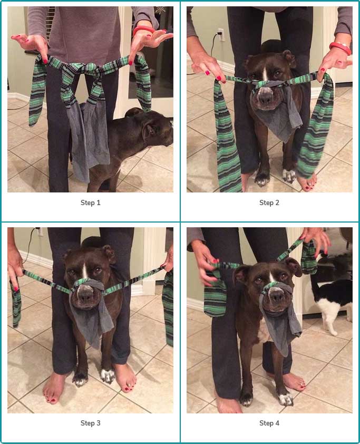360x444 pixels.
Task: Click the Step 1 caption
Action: coord(90,203)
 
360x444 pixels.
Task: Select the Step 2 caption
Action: coord(269,203)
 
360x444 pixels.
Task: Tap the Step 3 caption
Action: coord(90,423)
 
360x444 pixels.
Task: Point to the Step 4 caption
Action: coord(269,423)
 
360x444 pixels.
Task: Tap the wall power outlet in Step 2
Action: coord(221,35)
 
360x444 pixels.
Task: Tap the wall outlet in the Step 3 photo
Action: coord(39,231)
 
